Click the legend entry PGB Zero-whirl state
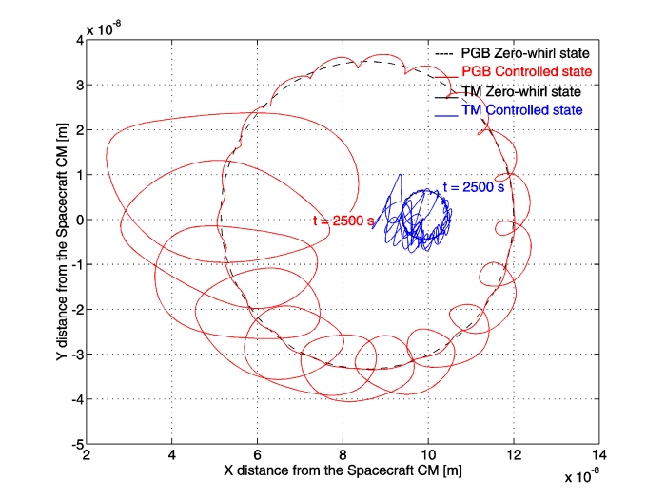pyautogui.click(x=525, y=53)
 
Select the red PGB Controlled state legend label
pyautogui.click(x=527, y=71)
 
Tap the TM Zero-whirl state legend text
pyautogui.click(x=521, y=91)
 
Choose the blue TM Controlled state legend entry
pyautogui.click(x=522, y=110)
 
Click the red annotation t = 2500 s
pyautogui.click(x=343, y=221)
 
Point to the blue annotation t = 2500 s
pyautogui.click(x=474, y=187)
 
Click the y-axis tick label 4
pyautogui.click(x=79, y=40)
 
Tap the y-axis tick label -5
pyautogui.click(x=77, y=444)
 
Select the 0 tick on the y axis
pyautogui.click(x=79, y=220)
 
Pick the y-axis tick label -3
pyautogui.click(x=77, y=355)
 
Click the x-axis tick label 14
pyautogui.click(x=599, y=455)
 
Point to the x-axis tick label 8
pyautogui.click(x=343, y=455)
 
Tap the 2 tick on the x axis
pyautogui.click(x=87, y=455)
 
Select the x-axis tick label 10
pyautogui.click(x=428, y=455)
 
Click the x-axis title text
pyautogui.click(x=343, y=470)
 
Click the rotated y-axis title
pyautogui.click(x=62, y=241)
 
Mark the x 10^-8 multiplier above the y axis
pyautogui.click(x=104, y=29)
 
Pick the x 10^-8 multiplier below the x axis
pyautogui.click(x=582, y=476)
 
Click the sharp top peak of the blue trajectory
pyautogui.click(x=401, y=174)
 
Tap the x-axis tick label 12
pyautogui.click(x=514, y=455)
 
